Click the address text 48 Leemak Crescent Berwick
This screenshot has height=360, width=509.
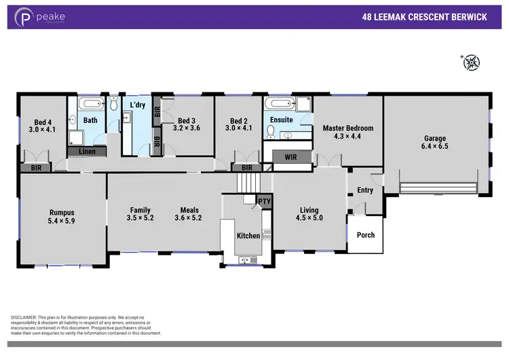pos(424,17)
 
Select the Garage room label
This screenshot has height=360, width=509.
pos(435,138)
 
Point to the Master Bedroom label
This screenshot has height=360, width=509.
pos(347,128)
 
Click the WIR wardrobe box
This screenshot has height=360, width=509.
pos(291,157)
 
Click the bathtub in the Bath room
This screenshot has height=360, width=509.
pos(90,104)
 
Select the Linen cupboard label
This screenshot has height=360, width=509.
pos(86,151)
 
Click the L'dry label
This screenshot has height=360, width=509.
pos(138,105)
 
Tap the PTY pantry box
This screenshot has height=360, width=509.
pos(264,201)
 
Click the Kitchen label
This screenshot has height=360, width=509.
pos(248,236)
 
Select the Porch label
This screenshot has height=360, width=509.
pos(365,235)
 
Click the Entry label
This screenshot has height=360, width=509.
pos(364,190)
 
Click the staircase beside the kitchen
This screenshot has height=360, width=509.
pos(248,182)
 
